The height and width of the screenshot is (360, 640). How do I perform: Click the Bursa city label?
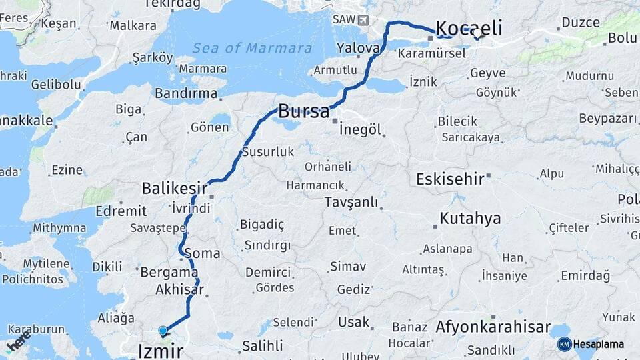(x=303, y=111)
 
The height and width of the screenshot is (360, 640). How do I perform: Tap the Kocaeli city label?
(x=469, y=28)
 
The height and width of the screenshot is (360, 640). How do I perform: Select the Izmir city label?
(x=160, y=350)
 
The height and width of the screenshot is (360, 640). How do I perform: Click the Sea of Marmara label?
(x=252, y=48)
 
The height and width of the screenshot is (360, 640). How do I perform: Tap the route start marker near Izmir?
(x=163, y=331)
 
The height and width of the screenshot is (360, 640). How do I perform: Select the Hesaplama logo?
(x=591, y=344)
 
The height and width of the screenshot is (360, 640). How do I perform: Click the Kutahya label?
(x=470, y=219)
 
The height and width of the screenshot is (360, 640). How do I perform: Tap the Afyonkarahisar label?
(x=493, y=327)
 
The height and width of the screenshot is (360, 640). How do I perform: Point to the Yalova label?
(x=358, y=48)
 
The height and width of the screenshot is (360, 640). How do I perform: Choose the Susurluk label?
(x=267, y=151)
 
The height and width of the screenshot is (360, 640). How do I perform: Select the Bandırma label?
(x=187, y=93)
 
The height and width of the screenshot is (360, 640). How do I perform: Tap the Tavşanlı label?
(x=351, y=202)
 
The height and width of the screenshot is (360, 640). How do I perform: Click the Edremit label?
(x=121, y=211)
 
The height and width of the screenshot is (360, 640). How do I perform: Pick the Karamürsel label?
(x=432, y=53)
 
